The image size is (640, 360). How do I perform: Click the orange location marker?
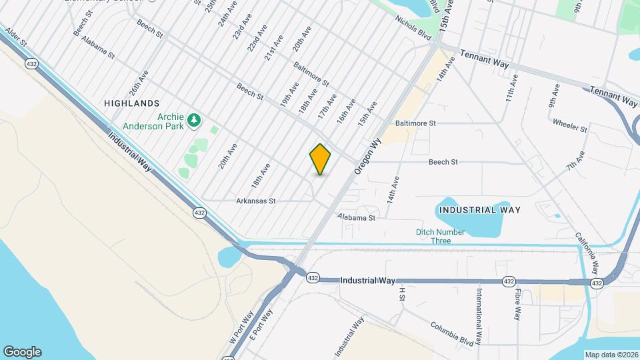321,159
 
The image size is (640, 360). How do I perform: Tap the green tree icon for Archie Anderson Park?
194,121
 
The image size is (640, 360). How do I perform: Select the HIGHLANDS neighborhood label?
132,103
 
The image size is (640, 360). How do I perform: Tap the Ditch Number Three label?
441,236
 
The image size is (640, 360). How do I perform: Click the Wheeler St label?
569,125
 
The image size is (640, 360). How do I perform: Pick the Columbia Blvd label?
452,334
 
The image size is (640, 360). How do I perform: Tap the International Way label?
479,313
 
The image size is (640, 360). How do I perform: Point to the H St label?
402,293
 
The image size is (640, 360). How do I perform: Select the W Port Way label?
242,326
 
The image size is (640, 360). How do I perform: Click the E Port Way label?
261,324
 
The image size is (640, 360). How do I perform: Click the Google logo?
22,351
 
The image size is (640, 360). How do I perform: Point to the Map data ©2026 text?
611,355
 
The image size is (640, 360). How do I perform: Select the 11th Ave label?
511,88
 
